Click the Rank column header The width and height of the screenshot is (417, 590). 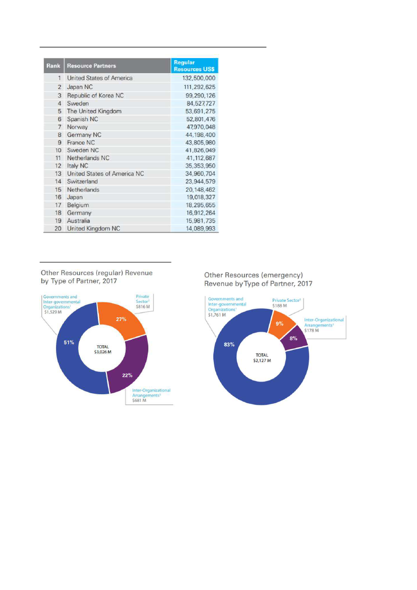point(53,66)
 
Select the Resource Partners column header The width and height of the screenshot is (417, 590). point(91,66)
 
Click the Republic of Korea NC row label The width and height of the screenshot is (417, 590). point(95,95)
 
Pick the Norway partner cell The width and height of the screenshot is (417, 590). point(77,127)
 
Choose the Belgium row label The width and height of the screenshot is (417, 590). point(78,205)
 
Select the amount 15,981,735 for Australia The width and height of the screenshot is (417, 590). point(197,222)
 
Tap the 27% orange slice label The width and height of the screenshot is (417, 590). point(121,319)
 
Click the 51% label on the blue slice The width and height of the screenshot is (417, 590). point(69,343)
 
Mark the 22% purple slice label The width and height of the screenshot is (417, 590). point(128,376)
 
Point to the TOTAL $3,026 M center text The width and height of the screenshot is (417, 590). point(102,349)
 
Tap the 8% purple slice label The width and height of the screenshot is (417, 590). point(293,339)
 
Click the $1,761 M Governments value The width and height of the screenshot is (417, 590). point(217,315)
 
